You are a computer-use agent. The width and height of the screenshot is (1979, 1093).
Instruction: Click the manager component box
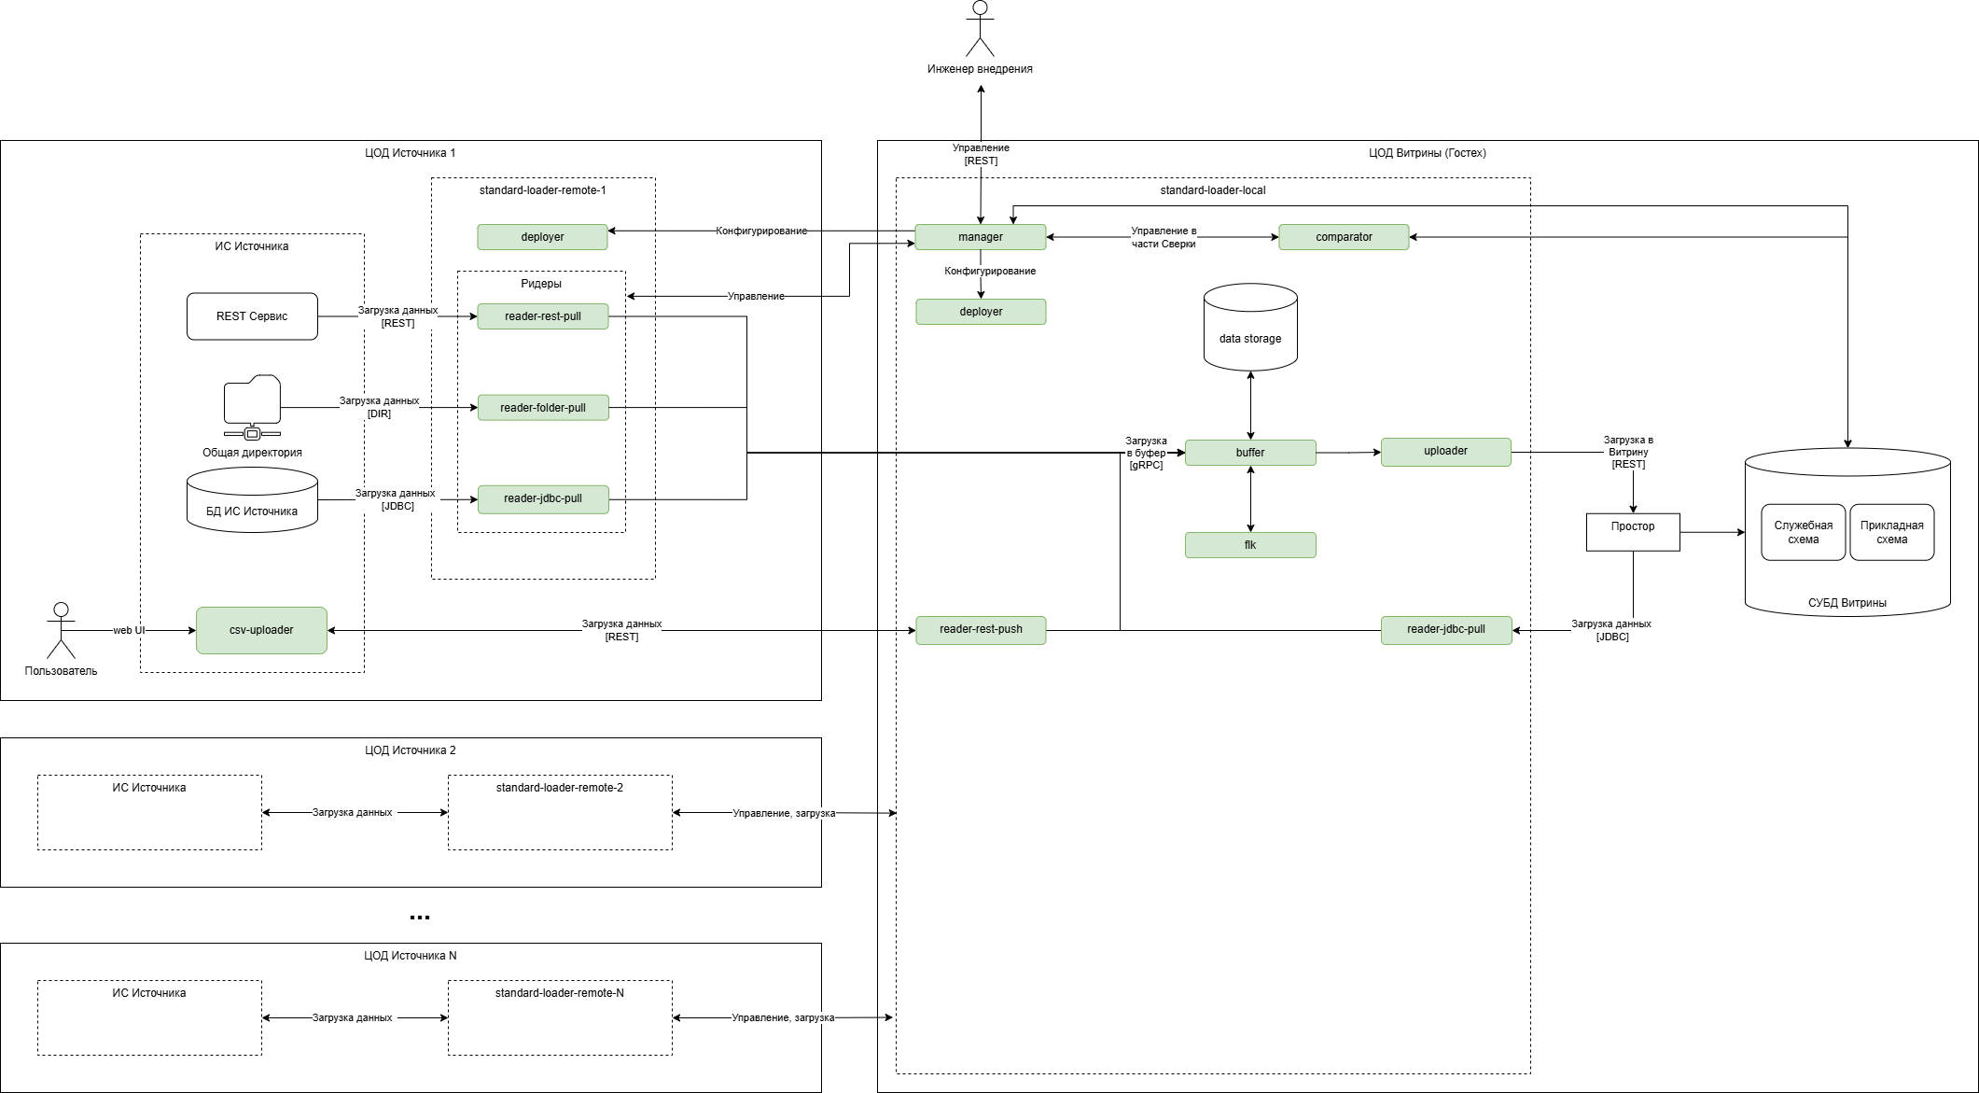(x=980, y=237)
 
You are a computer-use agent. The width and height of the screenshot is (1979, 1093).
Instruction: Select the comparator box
(x=1344, y=237)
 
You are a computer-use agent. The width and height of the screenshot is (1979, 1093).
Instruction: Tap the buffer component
(x=1250, y=453)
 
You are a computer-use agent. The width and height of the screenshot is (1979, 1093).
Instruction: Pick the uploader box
(x=1445, y=452)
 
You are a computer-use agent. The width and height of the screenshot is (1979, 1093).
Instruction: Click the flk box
(x=1250, y=545)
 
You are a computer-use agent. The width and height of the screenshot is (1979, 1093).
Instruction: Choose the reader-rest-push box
(x=981, y=630)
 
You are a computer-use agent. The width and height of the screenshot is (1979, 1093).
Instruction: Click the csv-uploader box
(x=261, y=630)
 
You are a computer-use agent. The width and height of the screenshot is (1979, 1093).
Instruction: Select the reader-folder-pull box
(x=543, y=408)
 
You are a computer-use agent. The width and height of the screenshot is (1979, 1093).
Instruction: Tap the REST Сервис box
(x=252, y=316)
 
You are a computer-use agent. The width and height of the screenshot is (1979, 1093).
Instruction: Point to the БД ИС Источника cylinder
(x=252, y=500)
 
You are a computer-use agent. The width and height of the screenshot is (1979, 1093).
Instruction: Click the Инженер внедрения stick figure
(x=980, y=30)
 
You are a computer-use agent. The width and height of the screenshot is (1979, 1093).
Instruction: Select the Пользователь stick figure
(x=61, y=631)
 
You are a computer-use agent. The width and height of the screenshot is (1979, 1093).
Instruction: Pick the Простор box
(x=1633, y=532)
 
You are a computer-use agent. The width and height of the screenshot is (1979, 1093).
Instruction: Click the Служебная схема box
(x=1803, y=532)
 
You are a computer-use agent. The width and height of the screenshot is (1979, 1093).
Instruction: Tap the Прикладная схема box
(x=1891, y=532)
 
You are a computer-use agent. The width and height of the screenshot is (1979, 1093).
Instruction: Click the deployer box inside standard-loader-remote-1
(x=542, y=237)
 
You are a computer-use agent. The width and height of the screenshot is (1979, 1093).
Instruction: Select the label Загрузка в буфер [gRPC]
(x=1146, y=453)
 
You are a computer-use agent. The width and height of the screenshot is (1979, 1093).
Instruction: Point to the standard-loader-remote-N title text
(x=560, y=993)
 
